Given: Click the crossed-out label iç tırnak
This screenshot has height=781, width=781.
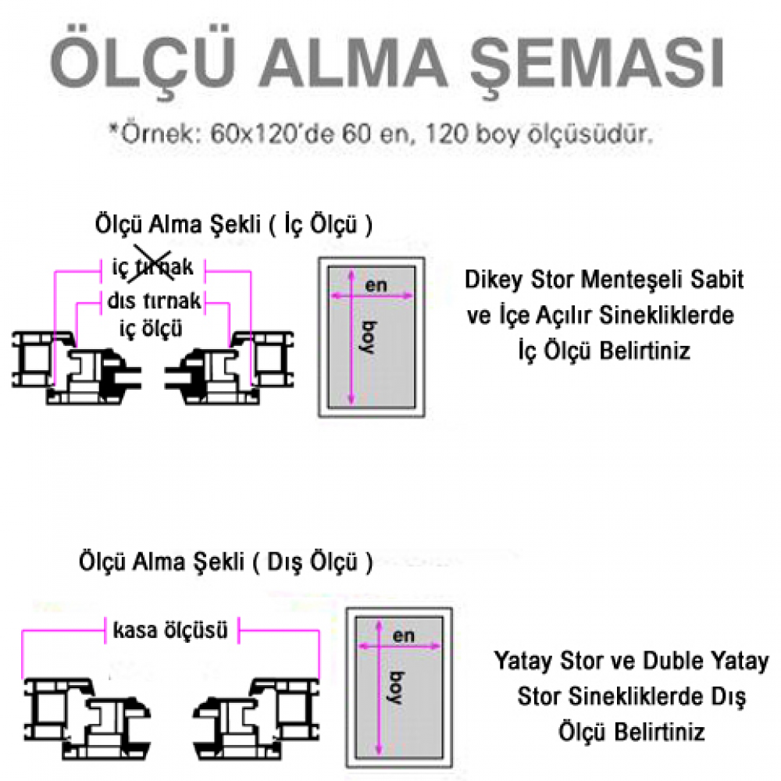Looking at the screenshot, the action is (x=152, y=267).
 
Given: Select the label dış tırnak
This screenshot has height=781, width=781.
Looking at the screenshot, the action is (x=155, y=301).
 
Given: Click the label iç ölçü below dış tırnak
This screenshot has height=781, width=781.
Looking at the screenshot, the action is (x=151, y=329).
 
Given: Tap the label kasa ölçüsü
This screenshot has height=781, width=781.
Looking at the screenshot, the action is (x=170, y=630).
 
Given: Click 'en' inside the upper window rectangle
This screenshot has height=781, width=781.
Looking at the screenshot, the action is (x=376, y=285).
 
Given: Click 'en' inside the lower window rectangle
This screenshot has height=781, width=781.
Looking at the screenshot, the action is (x=404, y=636).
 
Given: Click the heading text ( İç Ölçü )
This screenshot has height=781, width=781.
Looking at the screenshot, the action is (x=320, y=225).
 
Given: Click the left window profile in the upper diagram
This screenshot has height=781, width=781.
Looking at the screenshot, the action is (x=77, y=368).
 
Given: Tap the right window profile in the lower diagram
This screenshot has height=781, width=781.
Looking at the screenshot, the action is (x=256, y=718).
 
